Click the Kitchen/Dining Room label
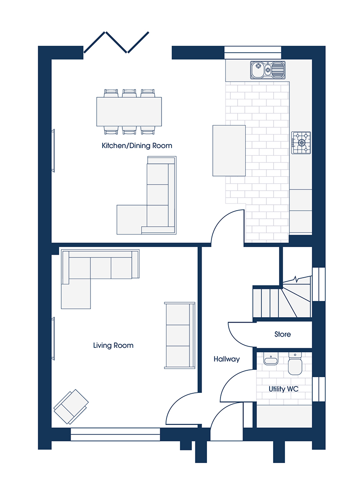pyautogui.click(x=137, y=146)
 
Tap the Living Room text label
pyautogui.click(x=113, y=345)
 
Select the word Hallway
pyautogui.click(x=227, y=359)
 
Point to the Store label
pyautogui.click(x=283, y=334)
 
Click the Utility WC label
pyautogui.click(x=283, y=389)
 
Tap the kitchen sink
pyautogui.click(x=268, y=70)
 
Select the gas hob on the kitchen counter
pyautogui.click(x=301, y=143)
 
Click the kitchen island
pyautogui.click(x=229, y=151)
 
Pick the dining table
pyautogui.click(x=129, y=112)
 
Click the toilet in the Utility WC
pyautogui.click(x=295, y=364)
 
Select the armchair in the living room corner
pyautogui.click(x=71, y=406)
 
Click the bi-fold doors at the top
pyautogui.click(x=116, y=42)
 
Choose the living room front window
pyautogui.click(x=115, y=434)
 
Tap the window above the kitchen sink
pyautogui.click(x=253, y=52)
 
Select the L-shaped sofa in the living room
pyautogui.click(x=100, y=279)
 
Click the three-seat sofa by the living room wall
pyautogui.click(x=180, y=335)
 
